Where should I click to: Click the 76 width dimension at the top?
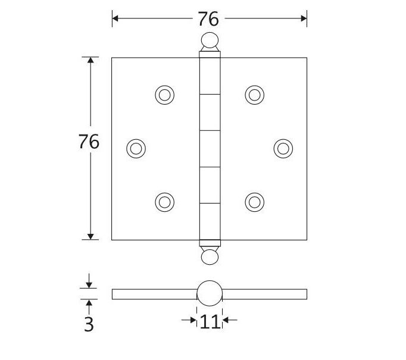(x=208, y=19)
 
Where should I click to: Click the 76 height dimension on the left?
(x=89, y=142)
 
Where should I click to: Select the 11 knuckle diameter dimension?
(x=209, y=321)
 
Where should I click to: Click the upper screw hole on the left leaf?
(x=164, y=95)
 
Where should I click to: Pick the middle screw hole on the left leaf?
(x=136, y=148)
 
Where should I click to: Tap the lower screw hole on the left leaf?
(x=164, y=202)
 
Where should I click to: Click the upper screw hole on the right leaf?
(x=254, y=95)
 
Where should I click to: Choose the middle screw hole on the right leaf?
(x=283, y=148)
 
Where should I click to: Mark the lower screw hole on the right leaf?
(x=254, y=202)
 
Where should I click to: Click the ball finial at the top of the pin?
(x=209, y=41)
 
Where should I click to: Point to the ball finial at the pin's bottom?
(x=209, y=256)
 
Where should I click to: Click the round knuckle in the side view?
(x=209, y=293)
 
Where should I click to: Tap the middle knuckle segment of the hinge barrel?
(x=209, y=148)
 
